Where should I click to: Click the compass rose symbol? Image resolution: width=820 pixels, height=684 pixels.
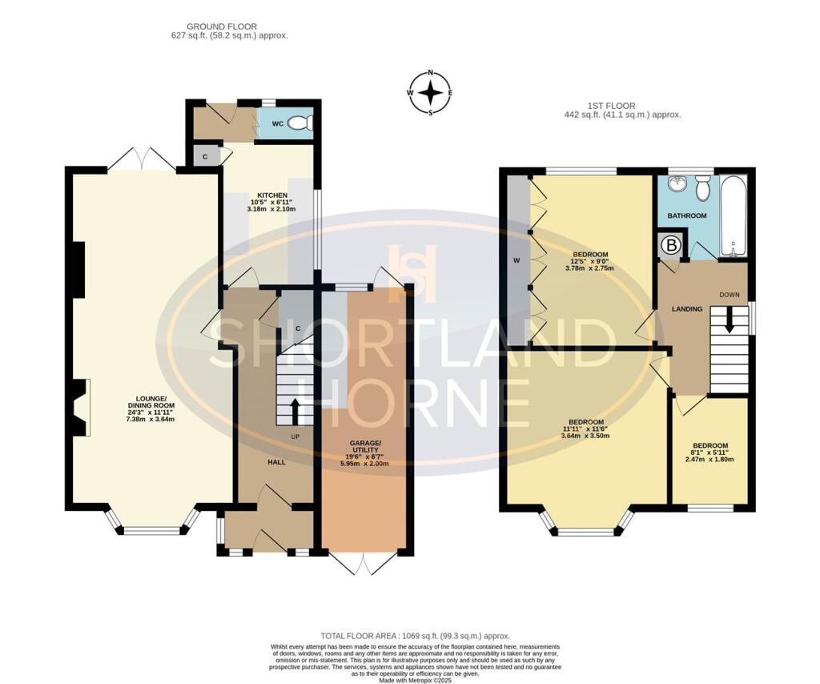[x=431, y=93]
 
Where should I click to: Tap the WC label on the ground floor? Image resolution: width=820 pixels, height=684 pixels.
[x=277, y=124]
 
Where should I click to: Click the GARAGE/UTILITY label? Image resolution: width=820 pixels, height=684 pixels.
[x=364, y=447]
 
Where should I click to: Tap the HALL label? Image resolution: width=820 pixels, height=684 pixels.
[x=277, y=462]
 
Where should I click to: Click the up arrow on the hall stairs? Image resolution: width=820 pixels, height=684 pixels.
[x=294, y=411]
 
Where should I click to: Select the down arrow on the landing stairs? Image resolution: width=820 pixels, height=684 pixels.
[x=729, y=320]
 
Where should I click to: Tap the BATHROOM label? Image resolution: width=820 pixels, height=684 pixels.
[x=687, y=216]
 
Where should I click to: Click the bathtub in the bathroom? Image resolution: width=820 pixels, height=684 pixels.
[x=733, y=215]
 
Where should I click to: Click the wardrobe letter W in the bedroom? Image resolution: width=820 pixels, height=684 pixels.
[x=516, y=260]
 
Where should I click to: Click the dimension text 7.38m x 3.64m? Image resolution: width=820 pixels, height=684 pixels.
[x=151, y=419]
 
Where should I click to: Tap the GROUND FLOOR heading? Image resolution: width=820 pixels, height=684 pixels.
[x=229, y=26]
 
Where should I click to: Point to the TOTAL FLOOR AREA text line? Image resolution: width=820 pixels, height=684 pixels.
[x=415, y=635]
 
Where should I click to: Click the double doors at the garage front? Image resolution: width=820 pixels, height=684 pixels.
[x=364, y=565]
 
